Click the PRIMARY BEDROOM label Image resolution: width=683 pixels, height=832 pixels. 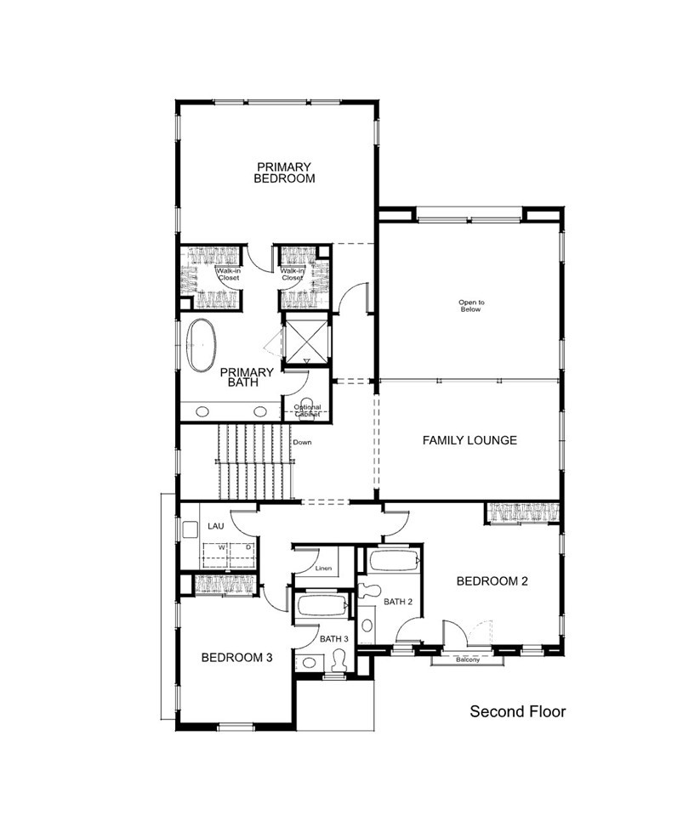tap(284, 173)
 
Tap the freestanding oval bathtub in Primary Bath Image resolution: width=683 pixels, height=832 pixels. tap(202, 345)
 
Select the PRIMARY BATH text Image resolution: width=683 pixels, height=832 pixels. tap(247, 377)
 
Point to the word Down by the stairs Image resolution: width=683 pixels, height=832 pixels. tap(302, 443)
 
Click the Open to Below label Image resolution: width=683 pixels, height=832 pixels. tap(470, 306)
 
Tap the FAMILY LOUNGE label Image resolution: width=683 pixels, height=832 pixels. tap(470, 440)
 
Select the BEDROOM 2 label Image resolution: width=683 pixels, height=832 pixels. tap(492, 581)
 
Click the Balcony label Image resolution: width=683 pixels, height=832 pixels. tap(467, 660)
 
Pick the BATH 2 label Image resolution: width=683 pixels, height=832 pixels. tap(397, 602)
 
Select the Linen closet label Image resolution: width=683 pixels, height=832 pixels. tap(323, 567)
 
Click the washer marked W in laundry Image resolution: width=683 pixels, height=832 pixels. tap(221, 547)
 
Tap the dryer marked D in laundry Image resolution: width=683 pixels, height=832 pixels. tap(248, 547)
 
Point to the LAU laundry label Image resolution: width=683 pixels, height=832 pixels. tap(216, 527)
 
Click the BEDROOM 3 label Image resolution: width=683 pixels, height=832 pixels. tap(236, 657)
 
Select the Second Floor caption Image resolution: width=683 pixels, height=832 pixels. tap(517, 711)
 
